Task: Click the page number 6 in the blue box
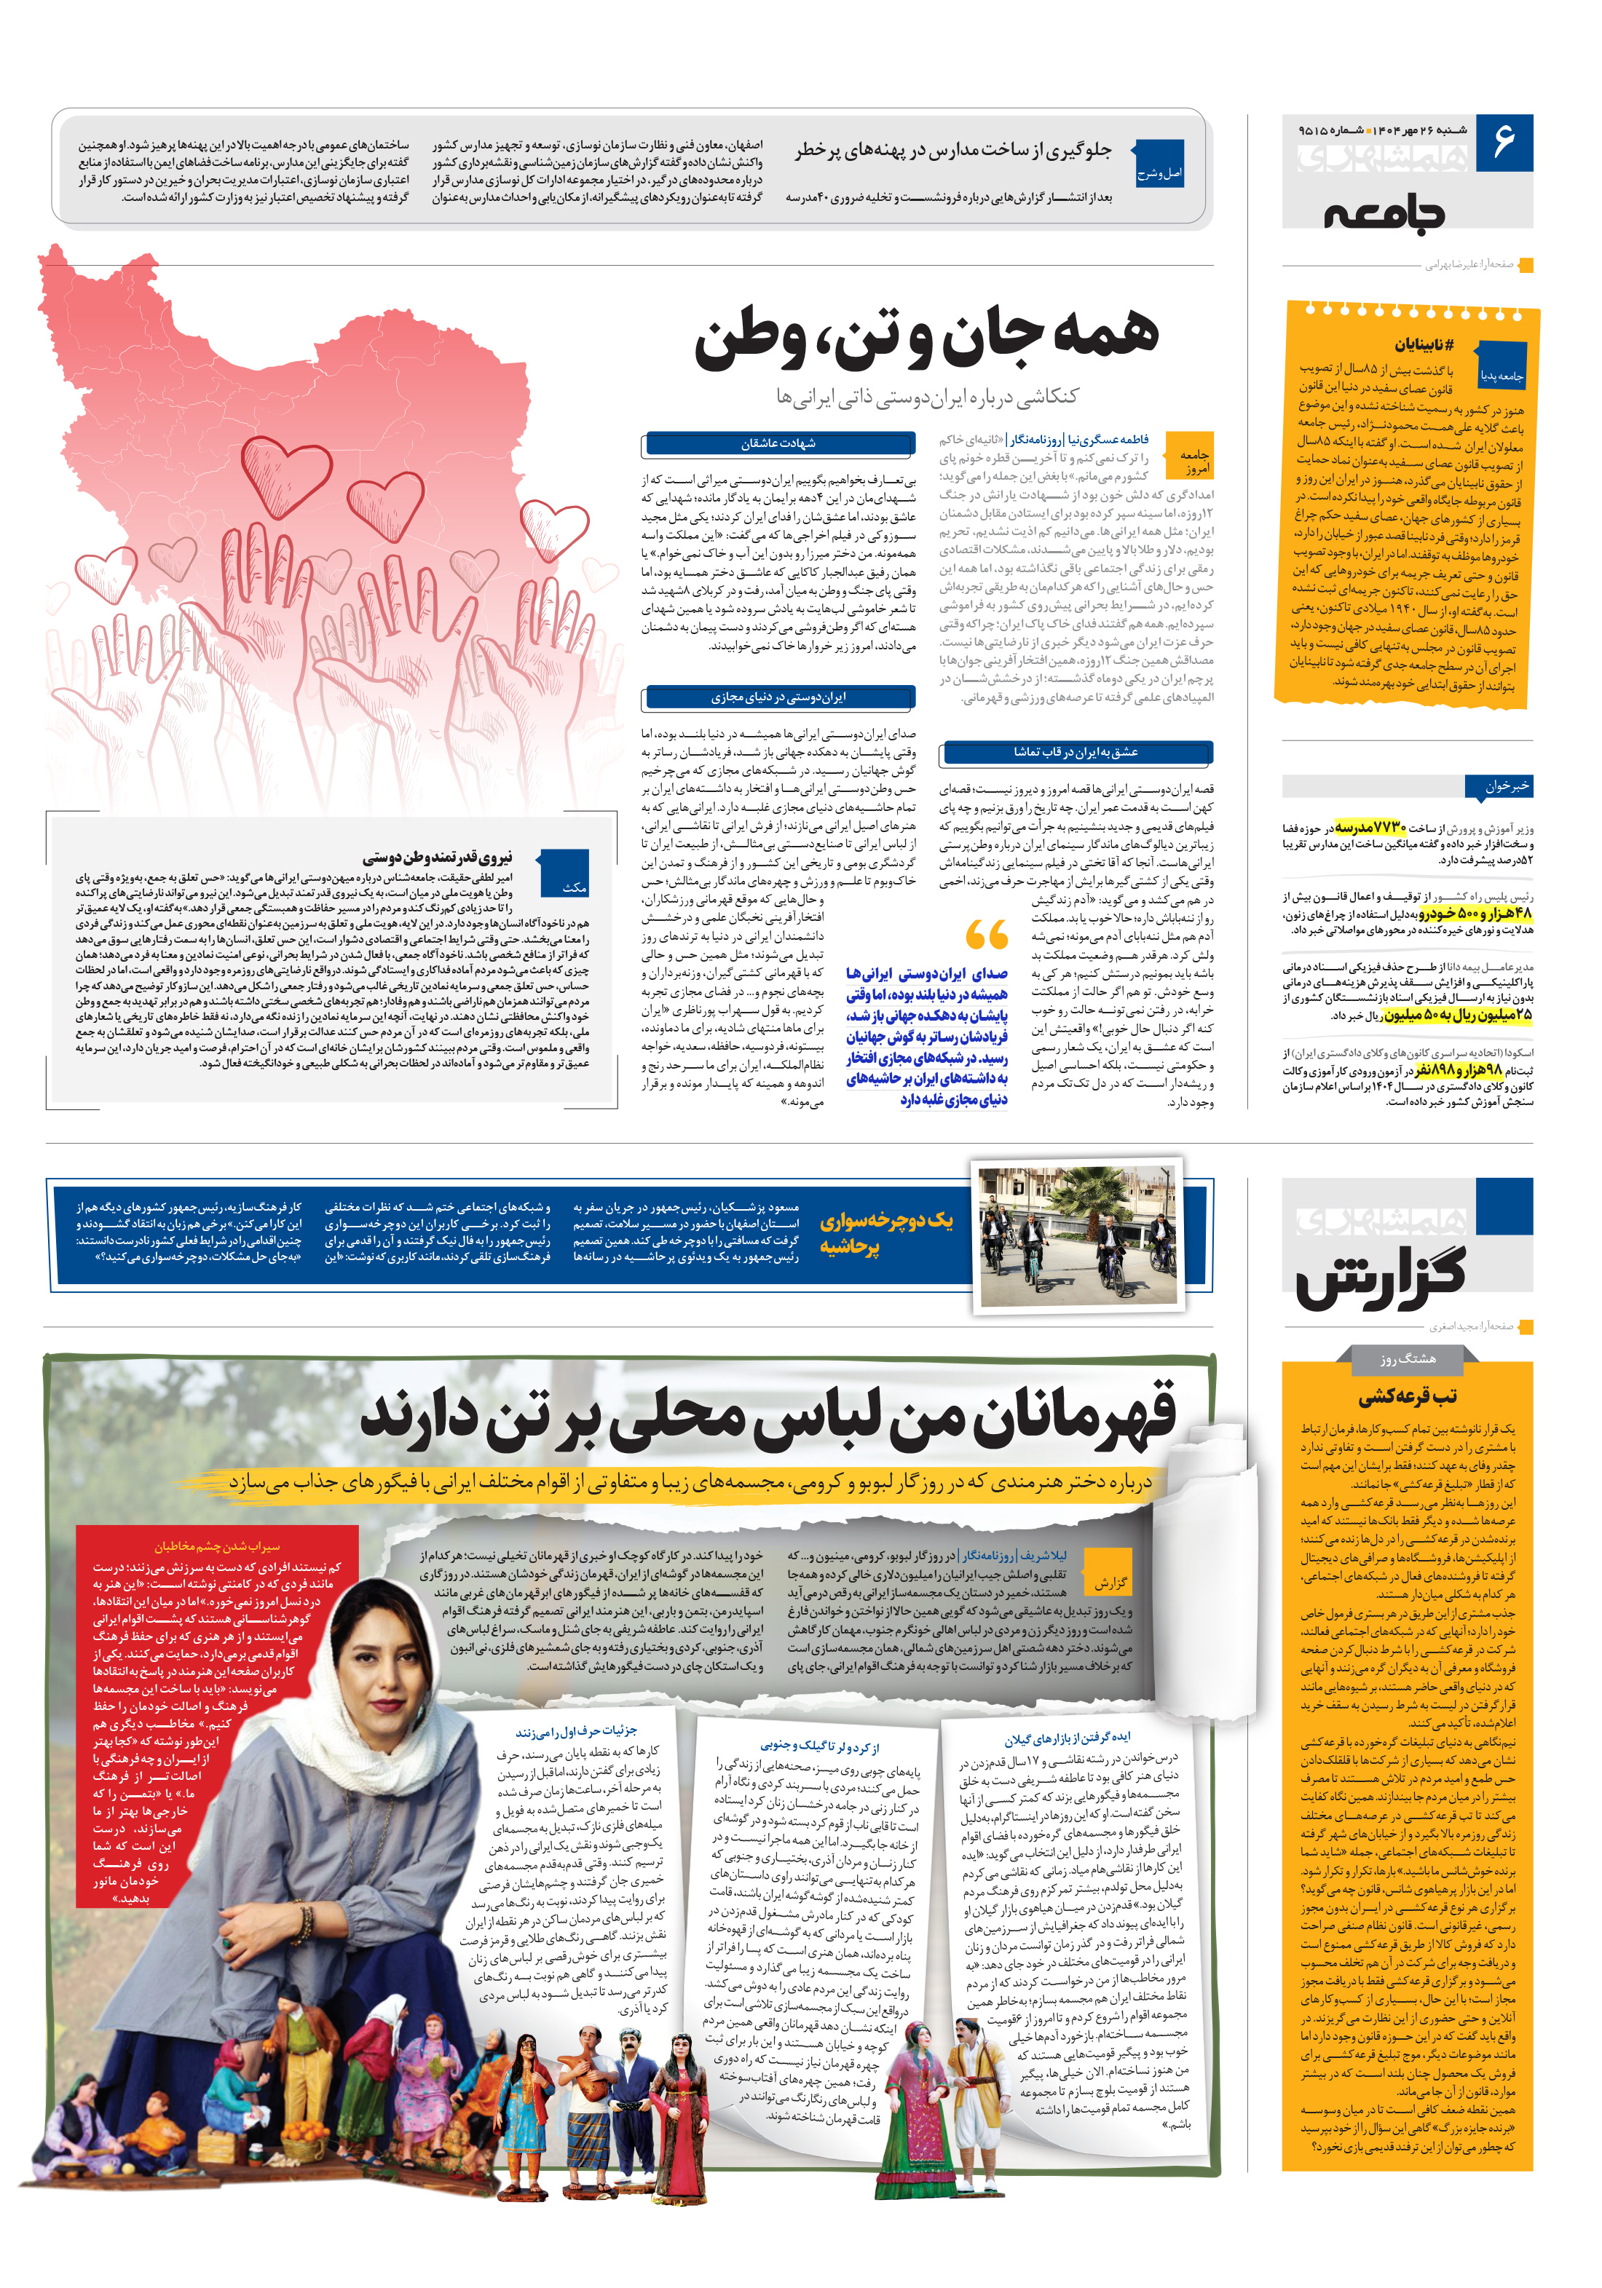1502,140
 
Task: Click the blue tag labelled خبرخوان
1504,786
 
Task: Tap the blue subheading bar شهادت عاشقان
778,443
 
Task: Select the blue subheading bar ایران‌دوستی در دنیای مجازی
778,697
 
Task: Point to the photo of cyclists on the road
1077,1234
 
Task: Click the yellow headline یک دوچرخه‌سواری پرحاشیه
885,1232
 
